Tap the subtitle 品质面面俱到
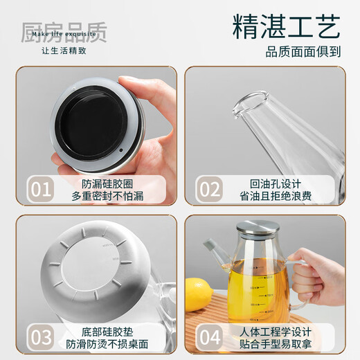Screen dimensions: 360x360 click(304, 51)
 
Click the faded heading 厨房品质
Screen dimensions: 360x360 click(63, 32)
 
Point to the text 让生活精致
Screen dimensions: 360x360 click(63, 51)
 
